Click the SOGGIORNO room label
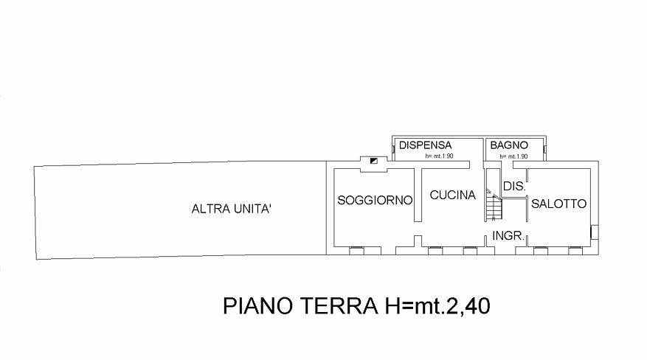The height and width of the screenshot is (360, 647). click(375, 201)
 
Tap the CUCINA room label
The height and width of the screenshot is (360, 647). click(453, 195)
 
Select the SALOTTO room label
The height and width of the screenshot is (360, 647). click(558, 204)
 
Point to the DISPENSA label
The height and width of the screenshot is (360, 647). click(425, 145)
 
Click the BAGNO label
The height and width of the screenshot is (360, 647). click(509, 145)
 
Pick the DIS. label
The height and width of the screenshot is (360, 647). click(514, 187)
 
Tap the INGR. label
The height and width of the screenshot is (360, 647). click(508, 236)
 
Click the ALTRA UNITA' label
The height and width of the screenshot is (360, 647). click(231, 209)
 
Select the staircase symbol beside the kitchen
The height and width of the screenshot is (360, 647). click(494, 205)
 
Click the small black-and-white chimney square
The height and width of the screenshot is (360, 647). click(373, 161)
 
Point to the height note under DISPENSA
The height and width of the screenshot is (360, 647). click(439, 156)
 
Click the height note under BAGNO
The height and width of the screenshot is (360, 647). click(513, 156)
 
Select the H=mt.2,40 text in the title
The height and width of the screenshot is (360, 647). click(437, 306)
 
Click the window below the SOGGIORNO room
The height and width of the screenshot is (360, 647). click(356, 250)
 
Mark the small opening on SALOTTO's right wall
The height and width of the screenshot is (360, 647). click(595, 232)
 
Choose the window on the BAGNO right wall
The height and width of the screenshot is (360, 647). click(544, 149)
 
